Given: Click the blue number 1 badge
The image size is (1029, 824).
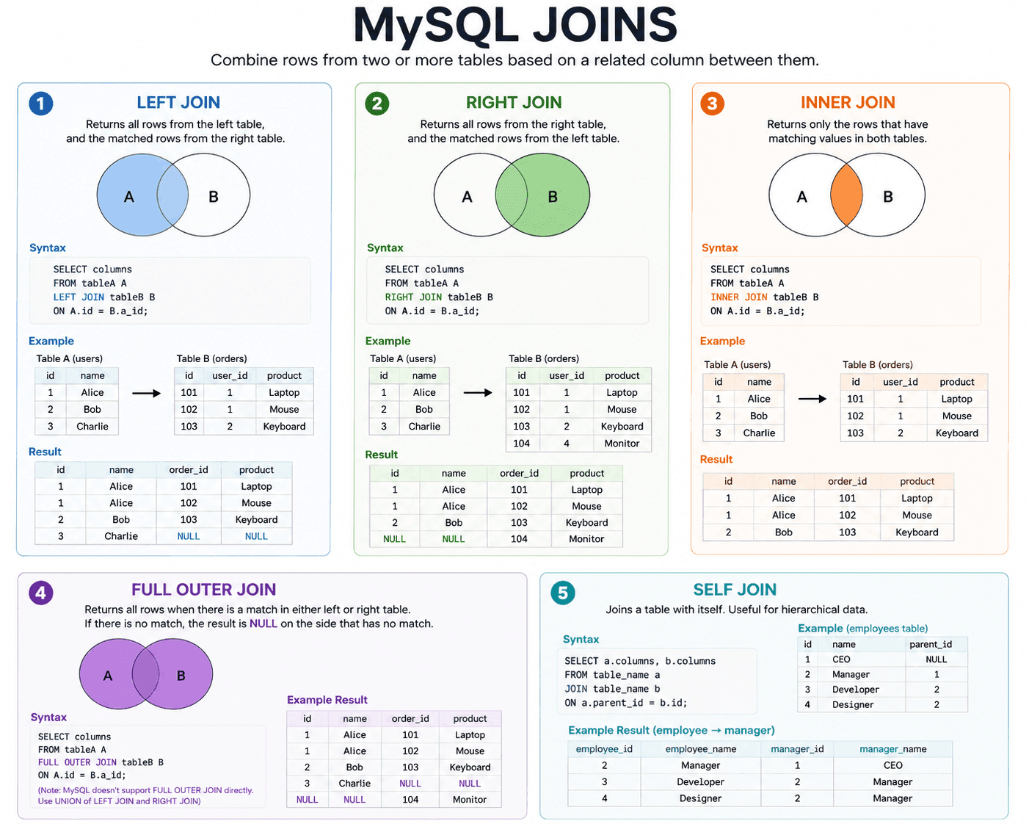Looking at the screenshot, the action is (x=40, y=104).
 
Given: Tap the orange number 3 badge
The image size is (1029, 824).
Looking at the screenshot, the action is (x=712, y=104).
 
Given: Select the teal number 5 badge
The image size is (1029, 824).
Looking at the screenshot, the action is (x=563, y=593).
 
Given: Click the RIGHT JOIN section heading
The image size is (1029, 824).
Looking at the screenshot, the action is (x=514, y=102).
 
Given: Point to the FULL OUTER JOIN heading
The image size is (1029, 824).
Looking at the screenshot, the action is (x=204, y=589).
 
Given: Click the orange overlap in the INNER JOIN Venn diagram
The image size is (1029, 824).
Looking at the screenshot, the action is (x=846, y=195).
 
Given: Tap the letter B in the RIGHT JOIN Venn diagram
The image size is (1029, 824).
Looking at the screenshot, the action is (x=552, y=197).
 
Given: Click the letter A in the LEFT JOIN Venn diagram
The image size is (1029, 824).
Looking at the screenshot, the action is (x=129, y=197).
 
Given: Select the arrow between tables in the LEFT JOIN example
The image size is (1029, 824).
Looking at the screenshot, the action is (x=146, y=394).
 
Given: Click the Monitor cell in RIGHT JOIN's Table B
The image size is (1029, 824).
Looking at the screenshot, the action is (x=621, y=443).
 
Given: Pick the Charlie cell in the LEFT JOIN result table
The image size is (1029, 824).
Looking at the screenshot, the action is (x=121, y=536).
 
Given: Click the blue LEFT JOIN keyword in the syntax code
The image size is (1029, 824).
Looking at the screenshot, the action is (x=79, y=297).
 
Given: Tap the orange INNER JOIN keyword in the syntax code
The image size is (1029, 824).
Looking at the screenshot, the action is (x=738, y=297).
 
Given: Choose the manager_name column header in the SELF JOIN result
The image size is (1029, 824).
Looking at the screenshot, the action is (x=892, y=749).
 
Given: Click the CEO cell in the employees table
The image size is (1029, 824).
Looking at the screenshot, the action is (x=841, y=659).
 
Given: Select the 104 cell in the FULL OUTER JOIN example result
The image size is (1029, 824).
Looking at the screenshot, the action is (x=410, y=799).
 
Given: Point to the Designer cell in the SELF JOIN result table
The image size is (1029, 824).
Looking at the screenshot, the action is (x=700, y=798).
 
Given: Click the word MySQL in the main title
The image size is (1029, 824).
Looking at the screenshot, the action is (x=436, y=26).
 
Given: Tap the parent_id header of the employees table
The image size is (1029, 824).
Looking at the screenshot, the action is (x=930, y=644).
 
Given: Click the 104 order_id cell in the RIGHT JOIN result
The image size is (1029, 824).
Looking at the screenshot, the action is (x=519, y=539).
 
